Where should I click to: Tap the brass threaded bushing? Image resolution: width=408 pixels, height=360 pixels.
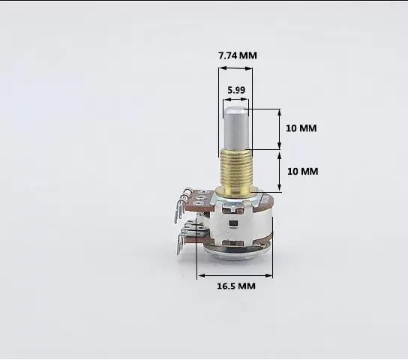[x=237, y=169]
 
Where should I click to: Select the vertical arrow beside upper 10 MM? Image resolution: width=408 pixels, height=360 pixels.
[x=280, y=129]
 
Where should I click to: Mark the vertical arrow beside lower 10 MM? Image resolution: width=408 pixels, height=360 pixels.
[x=280, y=170]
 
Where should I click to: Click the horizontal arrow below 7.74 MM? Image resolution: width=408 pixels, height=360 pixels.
[x=235, y=69]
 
